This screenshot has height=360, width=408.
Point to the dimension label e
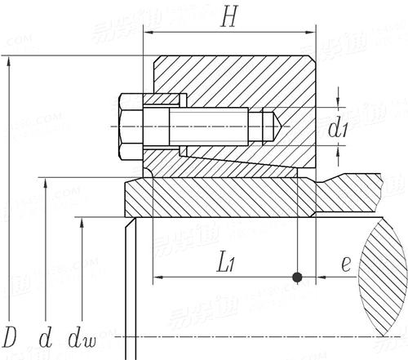346,263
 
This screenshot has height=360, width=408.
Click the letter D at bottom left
11,337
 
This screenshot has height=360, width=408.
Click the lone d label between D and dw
47,337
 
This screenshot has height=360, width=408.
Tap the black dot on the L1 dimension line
298,278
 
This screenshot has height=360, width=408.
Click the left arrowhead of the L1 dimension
155,278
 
